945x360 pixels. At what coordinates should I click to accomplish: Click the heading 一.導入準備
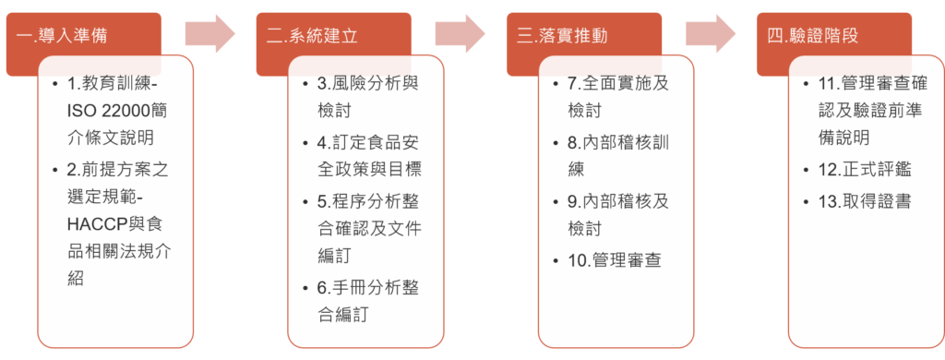point(63,36)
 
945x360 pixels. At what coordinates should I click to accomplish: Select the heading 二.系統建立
point(312,36)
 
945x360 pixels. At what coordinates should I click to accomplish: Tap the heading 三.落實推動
point(562,36)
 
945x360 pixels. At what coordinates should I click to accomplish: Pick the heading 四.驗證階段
point(812,36)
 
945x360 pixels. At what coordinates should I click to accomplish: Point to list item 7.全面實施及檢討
point(617,96)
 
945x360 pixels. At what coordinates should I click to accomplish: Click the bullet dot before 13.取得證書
point(805,201)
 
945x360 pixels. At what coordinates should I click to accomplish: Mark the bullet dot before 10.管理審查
point(555,260)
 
